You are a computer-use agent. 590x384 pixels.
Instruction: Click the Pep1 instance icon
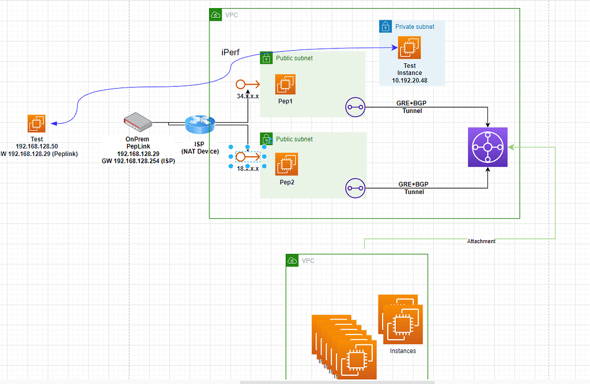point(285,84)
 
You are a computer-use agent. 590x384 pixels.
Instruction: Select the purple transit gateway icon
point(487,147)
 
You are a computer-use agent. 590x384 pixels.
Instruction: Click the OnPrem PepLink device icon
point(138,121)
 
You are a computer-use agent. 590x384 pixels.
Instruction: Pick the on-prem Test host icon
point(37,124)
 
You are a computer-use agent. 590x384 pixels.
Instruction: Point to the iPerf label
point(230,52)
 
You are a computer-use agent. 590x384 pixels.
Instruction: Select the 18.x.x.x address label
point(248,169)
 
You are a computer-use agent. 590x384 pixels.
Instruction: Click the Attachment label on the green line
point(481,241)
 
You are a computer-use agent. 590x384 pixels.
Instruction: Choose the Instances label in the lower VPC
point(403,351)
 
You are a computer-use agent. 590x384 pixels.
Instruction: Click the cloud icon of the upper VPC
point(215,14)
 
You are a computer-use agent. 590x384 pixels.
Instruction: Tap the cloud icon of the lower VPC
point(293,261)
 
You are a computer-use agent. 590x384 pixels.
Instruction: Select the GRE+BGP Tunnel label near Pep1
point(412,107)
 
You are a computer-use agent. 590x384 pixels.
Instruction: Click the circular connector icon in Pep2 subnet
point(355,188)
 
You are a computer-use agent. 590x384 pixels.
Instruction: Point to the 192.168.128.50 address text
point(37,146)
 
